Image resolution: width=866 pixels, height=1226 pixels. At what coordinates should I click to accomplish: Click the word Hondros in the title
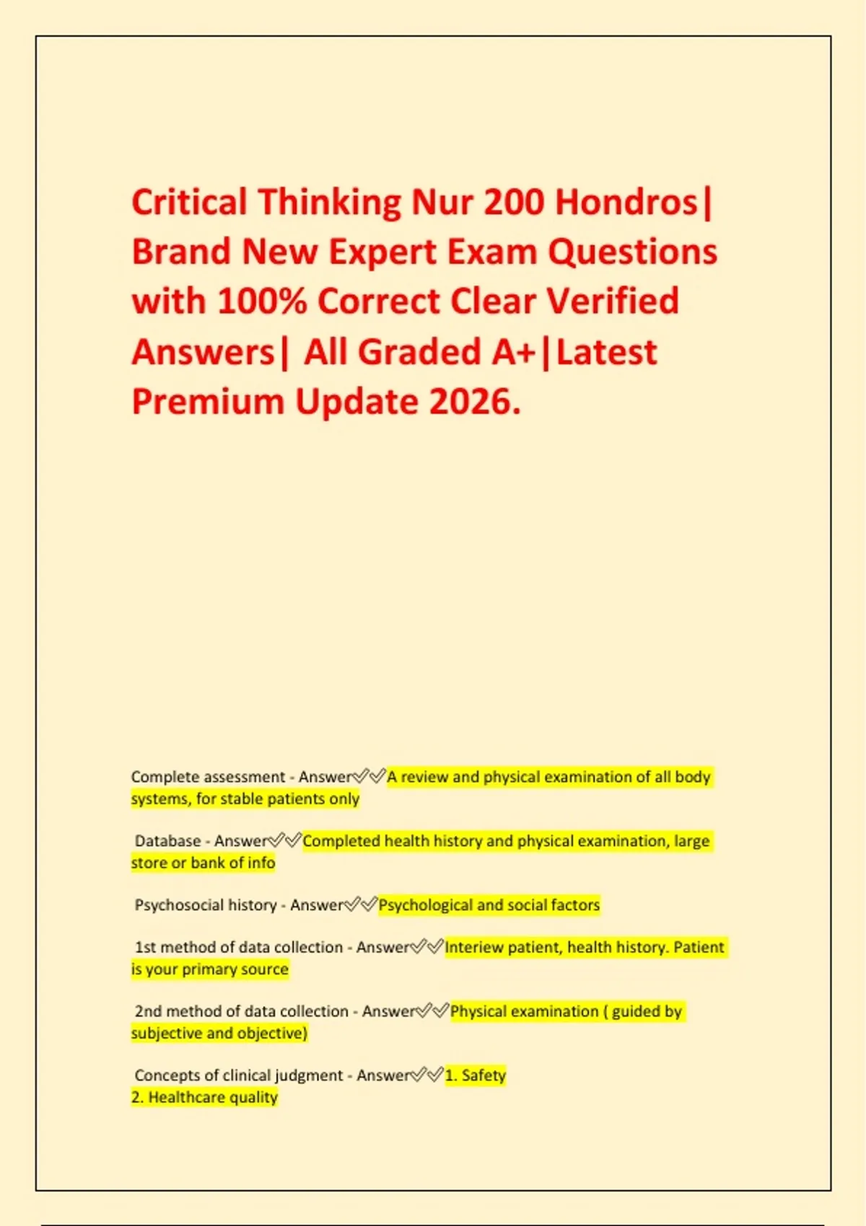(x=626, y=203)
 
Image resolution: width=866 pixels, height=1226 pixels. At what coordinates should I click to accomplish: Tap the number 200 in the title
(x=513, y=203)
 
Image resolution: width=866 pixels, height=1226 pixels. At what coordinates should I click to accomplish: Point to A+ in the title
(x=513, y=352)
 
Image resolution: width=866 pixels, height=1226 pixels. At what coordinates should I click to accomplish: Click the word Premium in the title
(x=208, y=402)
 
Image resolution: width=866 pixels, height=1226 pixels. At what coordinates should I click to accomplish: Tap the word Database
(x=167, y=841)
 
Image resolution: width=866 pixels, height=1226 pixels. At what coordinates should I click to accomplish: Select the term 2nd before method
(x=148, y=1011)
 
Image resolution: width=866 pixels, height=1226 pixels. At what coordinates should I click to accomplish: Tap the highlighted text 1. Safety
(x=476, y=1075)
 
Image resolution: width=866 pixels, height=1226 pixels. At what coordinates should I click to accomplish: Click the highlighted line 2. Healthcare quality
(x=204, y=1097)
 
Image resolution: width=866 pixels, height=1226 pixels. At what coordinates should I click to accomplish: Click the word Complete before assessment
(x=165, y=777)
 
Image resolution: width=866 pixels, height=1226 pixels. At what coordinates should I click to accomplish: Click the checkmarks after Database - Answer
(x=284, y=841)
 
